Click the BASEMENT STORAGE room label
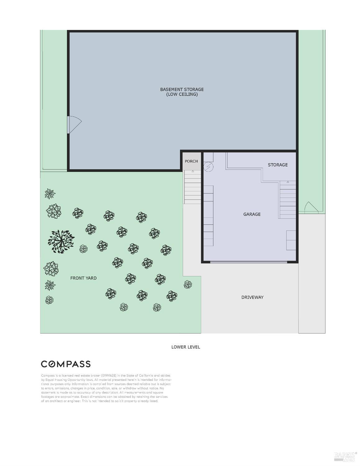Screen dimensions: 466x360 tap(182, 89)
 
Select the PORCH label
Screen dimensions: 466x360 tap(191, 161)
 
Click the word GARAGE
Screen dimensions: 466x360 tap(252, 214)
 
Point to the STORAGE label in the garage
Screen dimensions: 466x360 tap(277, 165)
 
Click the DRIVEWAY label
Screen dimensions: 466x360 tap(252, 297)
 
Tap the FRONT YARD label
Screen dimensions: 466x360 tap(83, 278)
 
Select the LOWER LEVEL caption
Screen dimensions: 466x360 tap(185, 347)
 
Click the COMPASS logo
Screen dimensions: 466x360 tap(66, 364)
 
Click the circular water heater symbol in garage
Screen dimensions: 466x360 tap(208, 167)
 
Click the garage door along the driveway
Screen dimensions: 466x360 tap(248, 262)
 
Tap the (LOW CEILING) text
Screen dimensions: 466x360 tap(182, 94)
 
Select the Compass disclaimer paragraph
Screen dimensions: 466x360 tap(106, 388)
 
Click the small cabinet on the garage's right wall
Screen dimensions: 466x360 tap(291, 240)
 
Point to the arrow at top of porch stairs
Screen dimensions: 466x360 tap(193, 171)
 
